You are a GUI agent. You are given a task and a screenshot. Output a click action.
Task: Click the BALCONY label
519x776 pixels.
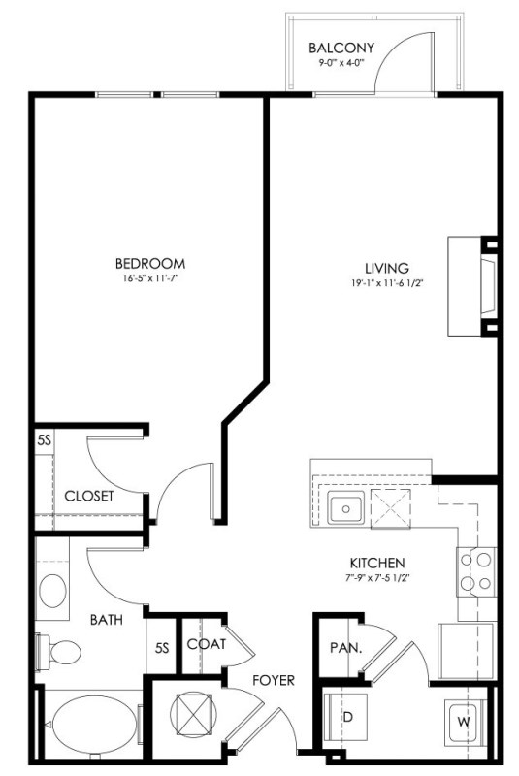(341, 48)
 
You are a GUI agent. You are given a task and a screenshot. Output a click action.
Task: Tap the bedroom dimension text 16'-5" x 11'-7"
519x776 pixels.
(150, 278)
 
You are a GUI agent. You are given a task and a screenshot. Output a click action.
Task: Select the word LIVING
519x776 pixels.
(387, 269)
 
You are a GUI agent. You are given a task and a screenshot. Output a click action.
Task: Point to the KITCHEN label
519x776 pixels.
(377, 563)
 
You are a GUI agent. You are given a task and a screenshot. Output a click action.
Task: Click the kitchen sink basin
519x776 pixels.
(345, 508)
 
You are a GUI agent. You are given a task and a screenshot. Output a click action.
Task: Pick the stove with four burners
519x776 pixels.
(476, 571)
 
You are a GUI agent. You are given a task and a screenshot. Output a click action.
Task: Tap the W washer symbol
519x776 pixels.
(463, 722)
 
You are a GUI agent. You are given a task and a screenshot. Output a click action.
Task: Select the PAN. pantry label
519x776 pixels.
(345, 647)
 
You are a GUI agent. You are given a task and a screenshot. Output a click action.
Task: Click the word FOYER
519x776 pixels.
(274, 681)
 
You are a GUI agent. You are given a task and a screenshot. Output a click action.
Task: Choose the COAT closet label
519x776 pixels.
(207, 644)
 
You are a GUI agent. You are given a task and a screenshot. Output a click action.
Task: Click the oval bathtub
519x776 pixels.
(93, 727)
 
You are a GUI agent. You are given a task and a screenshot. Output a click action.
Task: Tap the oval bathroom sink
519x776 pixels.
(53, 591)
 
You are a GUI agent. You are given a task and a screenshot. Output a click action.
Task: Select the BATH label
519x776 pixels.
(107, 620)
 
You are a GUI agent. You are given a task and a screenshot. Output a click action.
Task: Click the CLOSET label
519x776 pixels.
(89, 496)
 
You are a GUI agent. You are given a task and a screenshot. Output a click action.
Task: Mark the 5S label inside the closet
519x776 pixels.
(44, 440)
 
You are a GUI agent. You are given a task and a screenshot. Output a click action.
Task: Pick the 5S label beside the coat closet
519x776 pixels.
(162, 648)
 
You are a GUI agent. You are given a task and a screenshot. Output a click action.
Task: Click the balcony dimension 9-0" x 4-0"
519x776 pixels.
(341, 63)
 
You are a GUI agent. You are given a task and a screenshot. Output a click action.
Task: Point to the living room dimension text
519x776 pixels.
(388, 284)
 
